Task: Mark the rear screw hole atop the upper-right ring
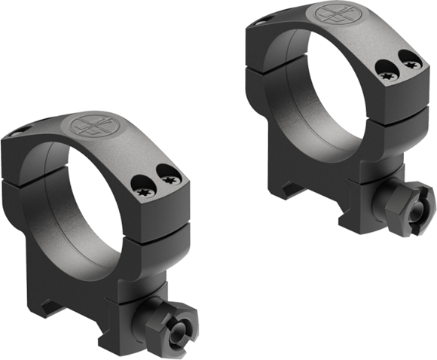260,23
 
